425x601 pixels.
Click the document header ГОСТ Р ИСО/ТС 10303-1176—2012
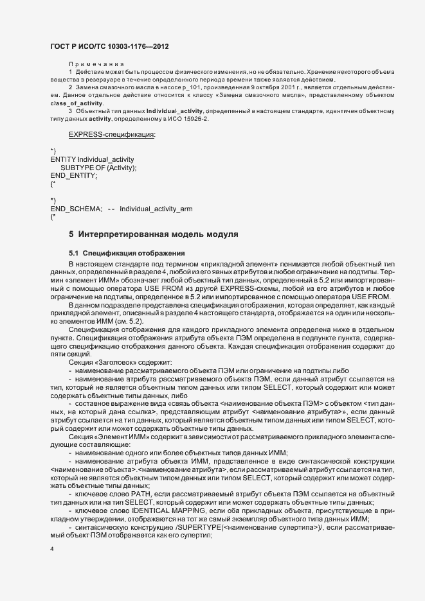coord(109,46)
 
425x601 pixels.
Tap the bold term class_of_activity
coord(77,103)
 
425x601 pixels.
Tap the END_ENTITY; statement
coord(74,175)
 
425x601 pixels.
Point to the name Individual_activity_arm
coord(156,209)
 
